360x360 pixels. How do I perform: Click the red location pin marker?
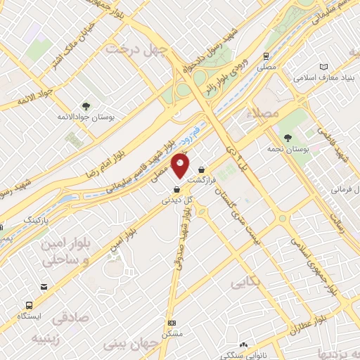(181, 166)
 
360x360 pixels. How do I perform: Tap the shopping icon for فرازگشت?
(202, 169)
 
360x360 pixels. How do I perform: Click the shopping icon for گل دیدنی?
(176, 188)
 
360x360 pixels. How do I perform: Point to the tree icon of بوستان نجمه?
(288, 136)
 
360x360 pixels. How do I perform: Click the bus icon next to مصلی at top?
(266, 56)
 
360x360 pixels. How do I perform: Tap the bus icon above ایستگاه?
(29, 305)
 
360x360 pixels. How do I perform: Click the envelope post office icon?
(44, 287)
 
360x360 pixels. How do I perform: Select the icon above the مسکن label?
(172, 323)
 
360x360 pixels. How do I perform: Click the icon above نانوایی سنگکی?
(244, 345)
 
